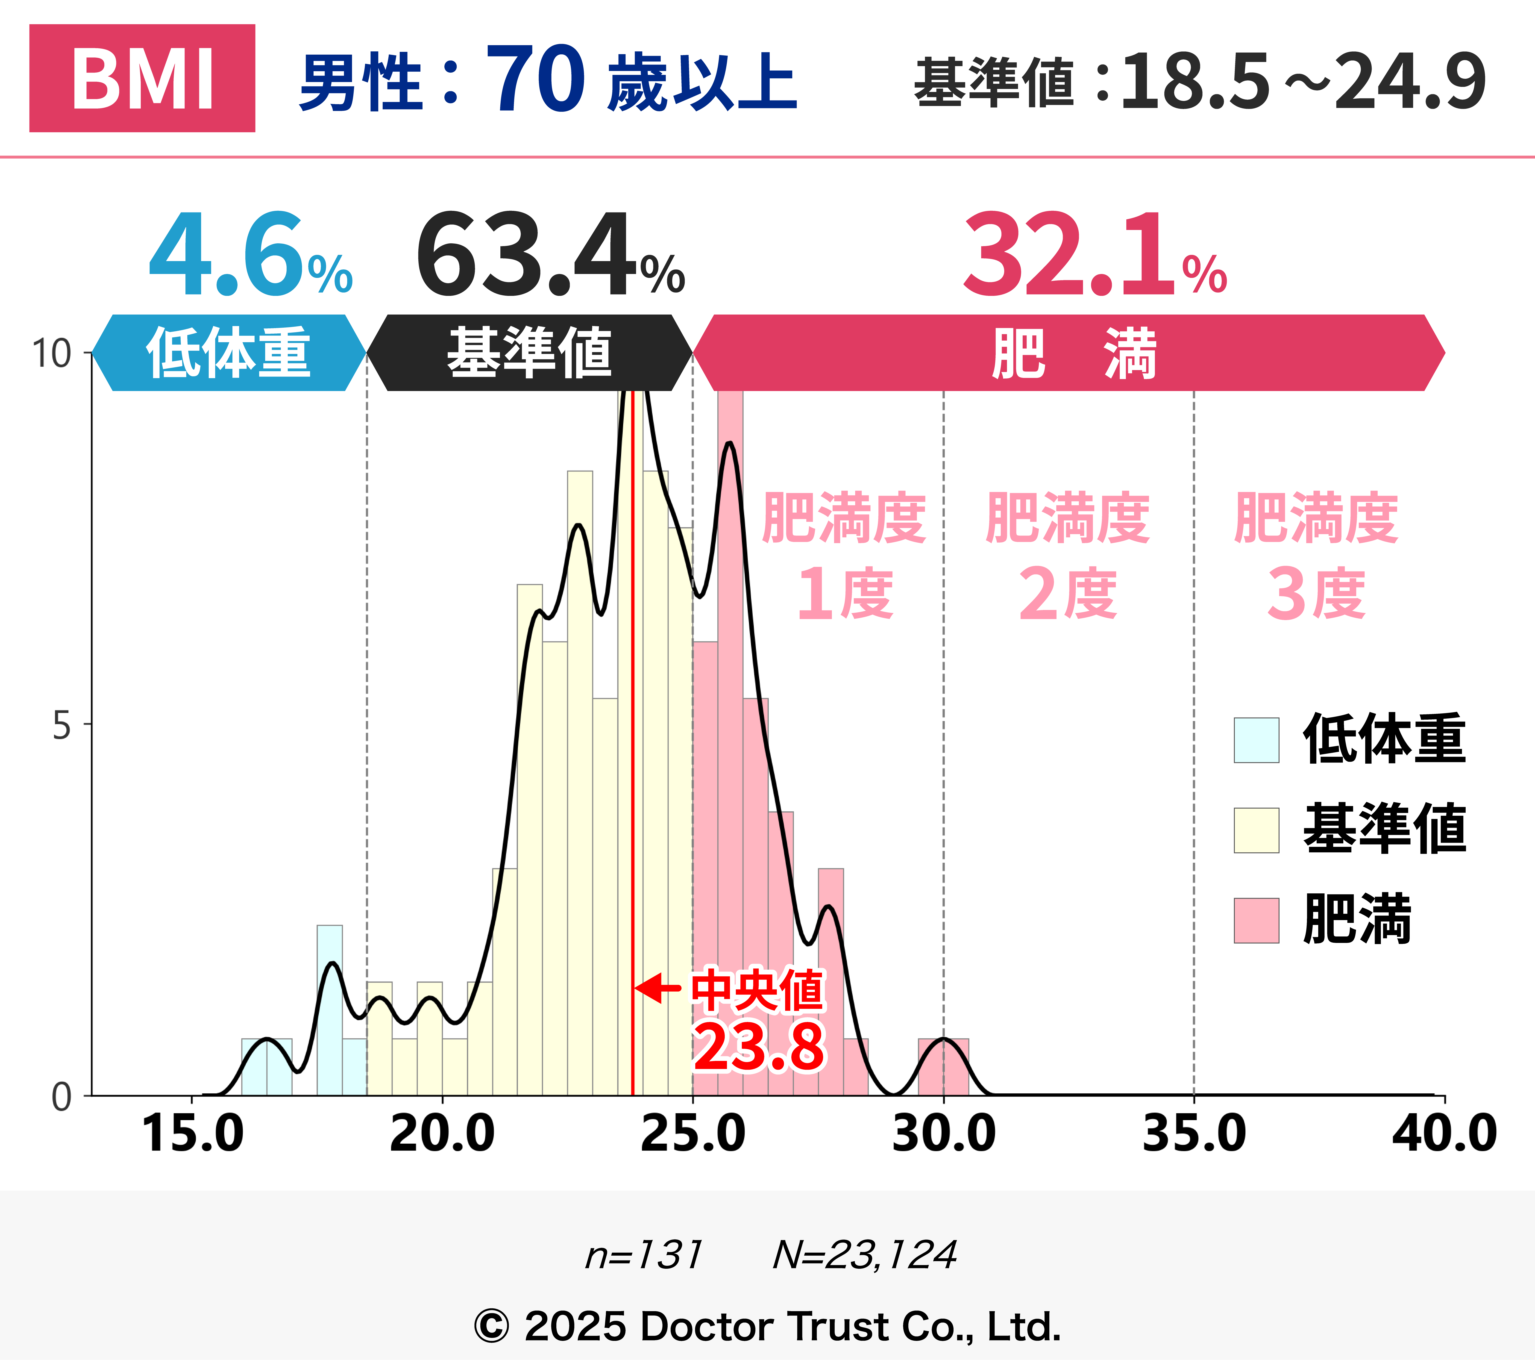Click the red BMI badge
tap(142, 78)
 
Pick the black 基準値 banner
tap(529, 353)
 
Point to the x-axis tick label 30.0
tap(943, 1134)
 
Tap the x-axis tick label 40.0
tap(1443, 1134)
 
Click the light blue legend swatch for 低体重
tap(1256, 740)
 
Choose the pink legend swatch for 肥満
tap(1256, 921)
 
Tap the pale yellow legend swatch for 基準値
tap(1256, 830)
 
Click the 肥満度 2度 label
tap(1067, 556)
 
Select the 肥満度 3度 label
tap(1316, 556)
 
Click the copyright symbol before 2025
tap(492, 1327)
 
